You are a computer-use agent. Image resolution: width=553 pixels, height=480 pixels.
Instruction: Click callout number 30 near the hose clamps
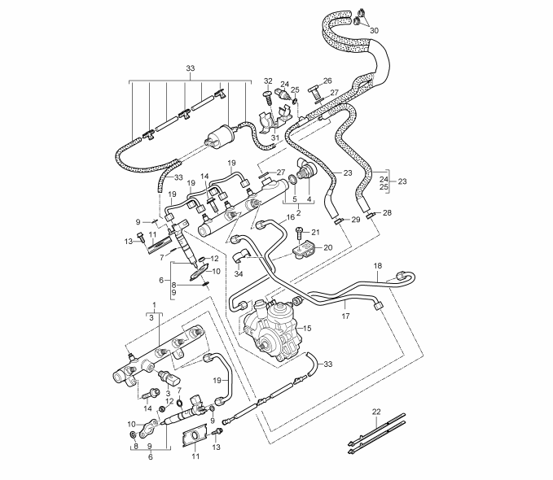pos(374,30)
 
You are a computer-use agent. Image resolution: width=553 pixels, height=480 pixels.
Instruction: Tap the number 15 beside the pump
pos(308,328)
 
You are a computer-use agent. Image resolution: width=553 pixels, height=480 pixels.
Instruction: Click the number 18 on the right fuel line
pos(377,266)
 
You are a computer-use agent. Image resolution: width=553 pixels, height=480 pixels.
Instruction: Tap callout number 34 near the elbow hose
pos(239,275)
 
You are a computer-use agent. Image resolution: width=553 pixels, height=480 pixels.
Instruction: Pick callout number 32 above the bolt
pos(266,81)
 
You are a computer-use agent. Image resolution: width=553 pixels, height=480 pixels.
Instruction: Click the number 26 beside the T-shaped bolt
pos(328,81)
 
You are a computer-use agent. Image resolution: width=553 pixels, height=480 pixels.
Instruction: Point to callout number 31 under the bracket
pos(275,137)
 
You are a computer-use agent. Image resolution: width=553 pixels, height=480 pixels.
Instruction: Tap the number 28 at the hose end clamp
pos(387,212)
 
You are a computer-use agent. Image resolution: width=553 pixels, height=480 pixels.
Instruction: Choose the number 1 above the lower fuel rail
pos(153,304)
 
